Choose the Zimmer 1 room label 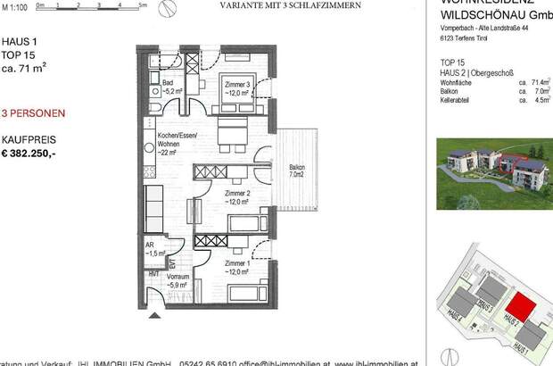(235, 267)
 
